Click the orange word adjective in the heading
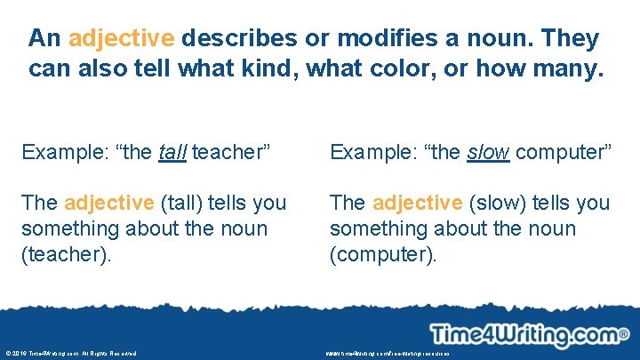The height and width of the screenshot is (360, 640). click(121, 39)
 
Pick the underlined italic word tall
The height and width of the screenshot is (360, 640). click(172, 152)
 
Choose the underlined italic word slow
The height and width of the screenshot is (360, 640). click(488, 152)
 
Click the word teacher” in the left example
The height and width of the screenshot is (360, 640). click(230, 152)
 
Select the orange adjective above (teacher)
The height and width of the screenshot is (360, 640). click(109, 203)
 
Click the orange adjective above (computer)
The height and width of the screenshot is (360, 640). click(418, 203)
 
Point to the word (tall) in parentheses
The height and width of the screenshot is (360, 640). click(181, 203)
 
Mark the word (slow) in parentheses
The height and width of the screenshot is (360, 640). click(495, 203)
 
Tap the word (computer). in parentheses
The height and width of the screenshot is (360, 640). click(383, 254)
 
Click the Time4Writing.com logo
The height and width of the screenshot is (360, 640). click(524, 335)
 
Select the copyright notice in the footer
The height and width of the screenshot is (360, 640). click(70, 353)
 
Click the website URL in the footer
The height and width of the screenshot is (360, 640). click(388, 353)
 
